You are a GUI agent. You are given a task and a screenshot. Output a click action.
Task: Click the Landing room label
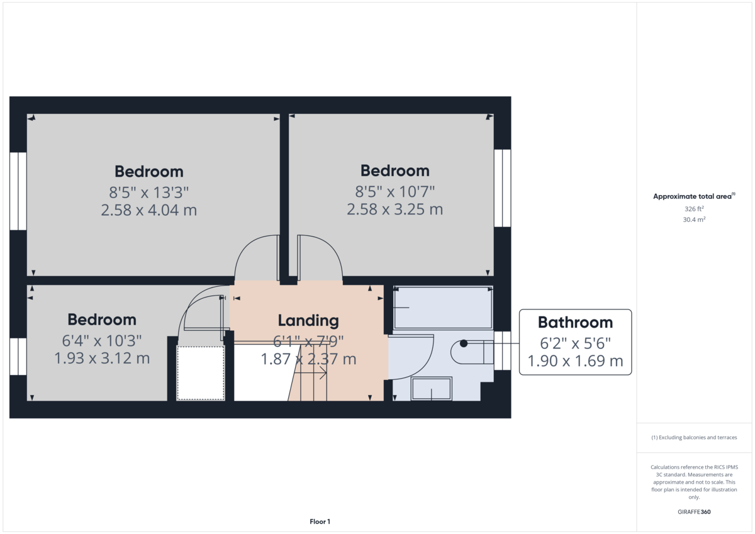[308, 321]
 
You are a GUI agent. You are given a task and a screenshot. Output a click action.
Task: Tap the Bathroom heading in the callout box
[575, 323]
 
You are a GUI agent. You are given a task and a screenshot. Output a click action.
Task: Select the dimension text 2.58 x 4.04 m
[149, 210]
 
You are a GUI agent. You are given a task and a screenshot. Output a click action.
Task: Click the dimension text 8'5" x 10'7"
[394, 191]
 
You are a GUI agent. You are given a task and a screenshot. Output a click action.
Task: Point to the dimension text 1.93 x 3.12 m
[102, 359]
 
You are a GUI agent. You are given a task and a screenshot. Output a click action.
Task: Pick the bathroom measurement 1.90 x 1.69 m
[575, 361]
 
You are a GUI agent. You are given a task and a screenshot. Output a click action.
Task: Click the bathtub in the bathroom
[442, 308]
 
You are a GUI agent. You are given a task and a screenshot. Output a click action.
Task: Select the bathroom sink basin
[431, 389]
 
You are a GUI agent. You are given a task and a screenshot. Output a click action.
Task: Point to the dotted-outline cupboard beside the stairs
[201, 372]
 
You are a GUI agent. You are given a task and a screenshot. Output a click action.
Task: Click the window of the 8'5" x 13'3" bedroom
[18, 191]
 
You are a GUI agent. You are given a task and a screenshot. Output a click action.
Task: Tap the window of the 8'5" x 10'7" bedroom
[502, 187]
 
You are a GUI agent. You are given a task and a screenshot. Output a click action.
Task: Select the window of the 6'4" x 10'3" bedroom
[18, 357]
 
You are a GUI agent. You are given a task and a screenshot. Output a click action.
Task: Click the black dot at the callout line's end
[464, 343]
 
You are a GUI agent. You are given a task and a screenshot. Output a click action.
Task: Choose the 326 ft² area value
[694, 208]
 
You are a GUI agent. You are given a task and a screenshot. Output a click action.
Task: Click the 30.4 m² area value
[694, 220]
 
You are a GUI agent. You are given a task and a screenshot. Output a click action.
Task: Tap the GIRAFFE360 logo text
[694, 512]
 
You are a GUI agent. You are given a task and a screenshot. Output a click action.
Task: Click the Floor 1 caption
[320, 521]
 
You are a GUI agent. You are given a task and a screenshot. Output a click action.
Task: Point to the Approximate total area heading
[693, 196]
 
